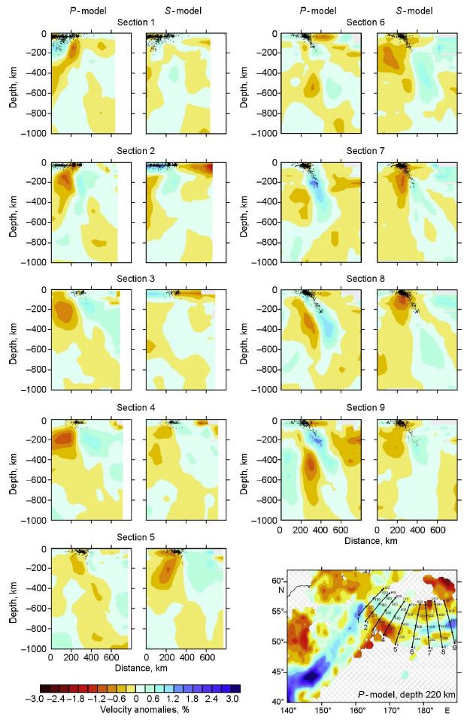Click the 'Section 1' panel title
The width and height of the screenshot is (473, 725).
click(x=136, y=22)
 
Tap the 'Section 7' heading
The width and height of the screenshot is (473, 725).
click(x=365, y=151)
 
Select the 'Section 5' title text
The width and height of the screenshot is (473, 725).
click(x=136, y=537)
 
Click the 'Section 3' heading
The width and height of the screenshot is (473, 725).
click(x=136, y=279)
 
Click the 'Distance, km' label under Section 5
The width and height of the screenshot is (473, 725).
click(x=136, y=667)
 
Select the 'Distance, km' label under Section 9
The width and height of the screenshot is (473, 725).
click(x=365, y=540)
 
